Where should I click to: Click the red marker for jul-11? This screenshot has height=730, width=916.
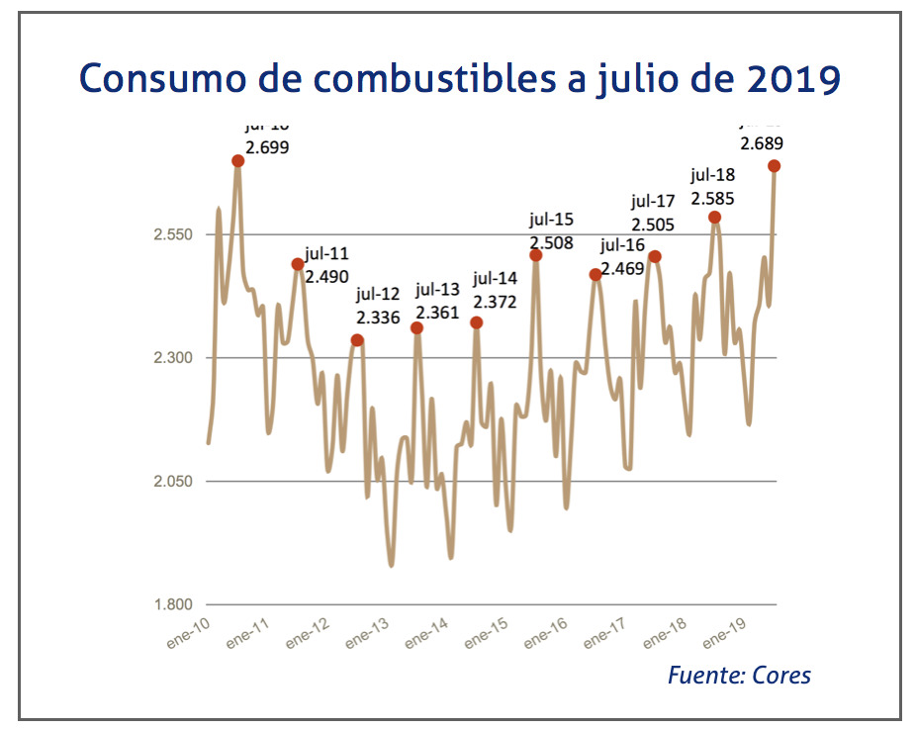point(297,264)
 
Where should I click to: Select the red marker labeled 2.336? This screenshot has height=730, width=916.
point(357,340)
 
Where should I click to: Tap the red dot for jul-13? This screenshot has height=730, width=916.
point(417,327)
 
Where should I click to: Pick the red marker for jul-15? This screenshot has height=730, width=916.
point(536,255)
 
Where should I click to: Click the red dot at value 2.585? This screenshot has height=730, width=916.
point(714,217)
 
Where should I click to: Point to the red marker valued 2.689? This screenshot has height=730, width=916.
point(775,166)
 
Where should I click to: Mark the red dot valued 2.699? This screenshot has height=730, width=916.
point(237,160)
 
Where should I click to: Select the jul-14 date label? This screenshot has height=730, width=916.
point(496,278)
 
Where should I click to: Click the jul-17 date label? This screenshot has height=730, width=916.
point(652,202)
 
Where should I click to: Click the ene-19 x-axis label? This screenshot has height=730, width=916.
point(724,631)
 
